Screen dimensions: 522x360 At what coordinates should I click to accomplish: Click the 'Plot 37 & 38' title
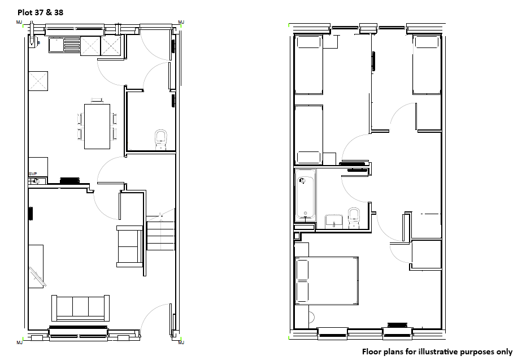pos(40,12)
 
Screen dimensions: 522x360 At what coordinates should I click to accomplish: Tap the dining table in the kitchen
pos(97,127)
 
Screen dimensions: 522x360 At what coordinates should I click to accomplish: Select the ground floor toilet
pos(161,140)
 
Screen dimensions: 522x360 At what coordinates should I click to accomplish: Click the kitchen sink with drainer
pos(64,45)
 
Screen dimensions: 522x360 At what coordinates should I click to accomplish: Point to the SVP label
pos(33,174)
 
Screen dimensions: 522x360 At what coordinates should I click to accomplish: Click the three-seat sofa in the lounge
pos(81,308)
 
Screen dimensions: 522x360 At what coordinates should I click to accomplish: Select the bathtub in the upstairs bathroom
pos(305,195)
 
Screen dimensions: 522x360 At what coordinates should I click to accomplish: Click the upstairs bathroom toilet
pos(354,218)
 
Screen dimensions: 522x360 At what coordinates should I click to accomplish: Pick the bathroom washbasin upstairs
pos(334,222)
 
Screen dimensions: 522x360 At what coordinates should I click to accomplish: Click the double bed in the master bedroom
pos(327,280)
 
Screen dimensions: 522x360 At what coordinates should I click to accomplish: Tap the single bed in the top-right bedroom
pos(427,64)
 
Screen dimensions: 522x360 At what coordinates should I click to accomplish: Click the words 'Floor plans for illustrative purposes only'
pos(437,352)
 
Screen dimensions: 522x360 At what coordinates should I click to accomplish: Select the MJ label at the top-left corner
pos(19,22)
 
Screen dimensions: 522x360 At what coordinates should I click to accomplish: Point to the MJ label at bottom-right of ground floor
pos(181,342)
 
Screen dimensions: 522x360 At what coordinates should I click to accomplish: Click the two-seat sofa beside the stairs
pos(130,246)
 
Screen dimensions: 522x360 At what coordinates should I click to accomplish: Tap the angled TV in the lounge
pos(37,276)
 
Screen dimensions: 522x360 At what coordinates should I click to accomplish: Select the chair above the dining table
pos(97,100)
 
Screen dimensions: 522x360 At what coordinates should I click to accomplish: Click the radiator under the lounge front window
pos(78,327)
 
